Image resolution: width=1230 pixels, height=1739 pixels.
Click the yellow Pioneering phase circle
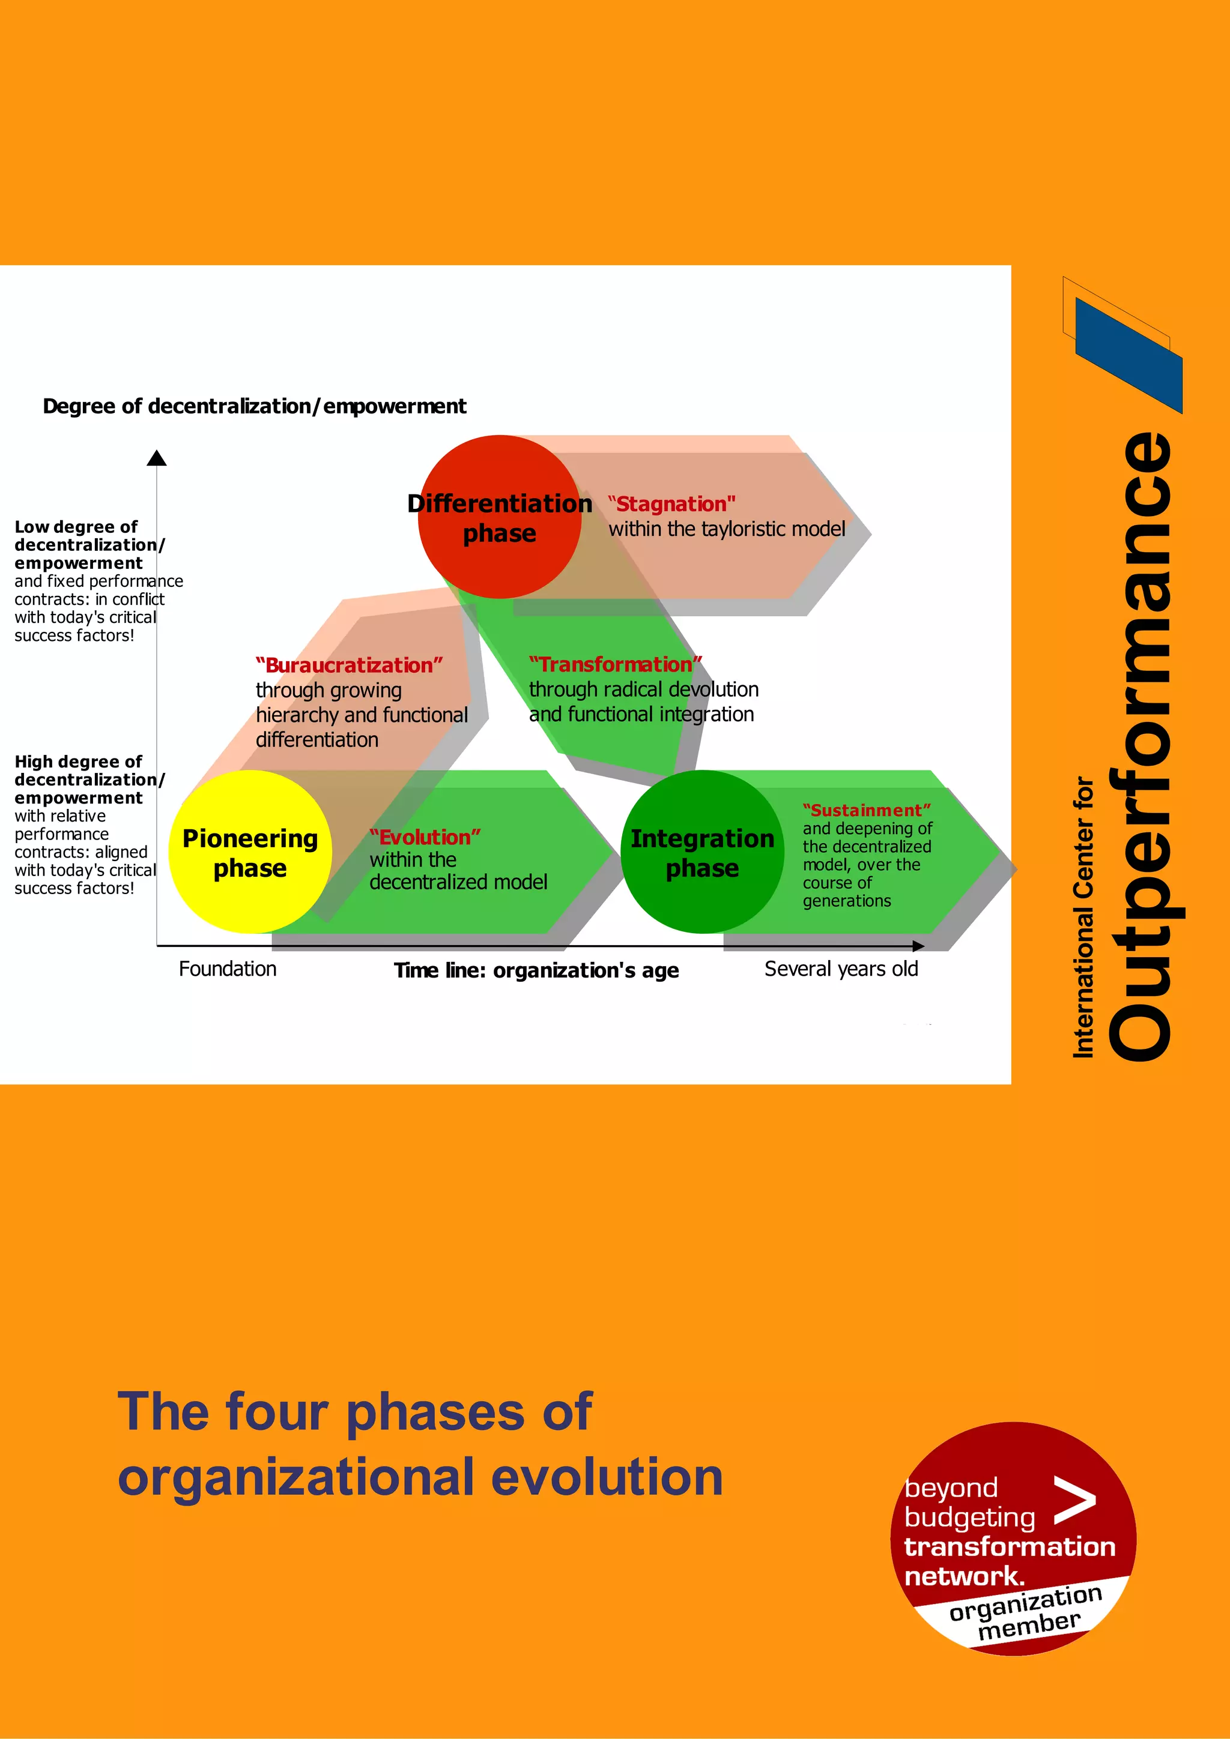click(249, 852)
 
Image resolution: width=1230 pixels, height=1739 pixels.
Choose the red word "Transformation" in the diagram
click(616, 664)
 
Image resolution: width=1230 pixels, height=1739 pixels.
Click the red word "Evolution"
click(425, 837)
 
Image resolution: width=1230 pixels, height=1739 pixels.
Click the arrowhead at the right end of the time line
click(918, 946)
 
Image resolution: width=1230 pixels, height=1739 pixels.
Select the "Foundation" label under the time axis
click(228, 969)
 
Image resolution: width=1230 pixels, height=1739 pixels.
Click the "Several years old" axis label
click(841, 969)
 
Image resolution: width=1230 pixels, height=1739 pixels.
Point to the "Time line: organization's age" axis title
click(536, 970)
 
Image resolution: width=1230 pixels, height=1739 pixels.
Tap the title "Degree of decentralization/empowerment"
click(255, 406)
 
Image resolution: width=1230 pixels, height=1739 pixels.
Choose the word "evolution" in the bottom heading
click(607, 1478)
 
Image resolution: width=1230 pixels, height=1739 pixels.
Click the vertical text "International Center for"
click(1083, 916)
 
